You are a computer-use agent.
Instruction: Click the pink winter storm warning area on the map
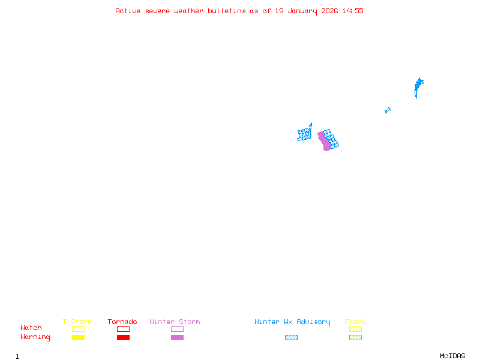coord(324,141)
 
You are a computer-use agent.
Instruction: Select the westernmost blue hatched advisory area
coord(305,134)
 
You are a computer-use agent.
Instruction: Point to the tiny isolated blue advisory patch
coord(388,110)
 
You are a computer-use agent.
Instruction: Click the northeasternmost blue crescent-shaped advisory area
coord(418,87)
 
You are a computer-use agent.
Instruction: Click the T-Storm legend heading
coord(77,322)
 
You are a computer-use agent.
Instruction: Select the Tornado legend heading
coord(122,322)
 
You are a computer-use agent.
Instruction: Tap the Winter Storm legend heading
coord(175,322)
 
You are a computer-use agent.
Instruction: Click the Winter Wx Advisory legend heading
coord(292,322)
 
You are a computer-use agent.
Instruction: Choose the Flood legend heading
coord(355,322)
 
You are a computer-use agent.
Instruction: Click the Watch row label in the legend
coord(31,328)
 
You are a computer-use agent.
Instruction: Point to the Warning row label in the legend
coord(35,337)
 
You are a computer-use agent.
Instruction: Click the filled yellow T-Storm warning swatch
coord(78,338)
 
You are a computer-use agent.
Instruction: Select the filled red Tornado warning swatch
coord(123,338)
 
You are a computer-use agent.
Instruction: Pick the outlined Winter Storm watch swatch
coord(177,329)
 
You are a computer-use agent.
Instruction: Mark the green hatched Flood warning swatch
coord(355,338)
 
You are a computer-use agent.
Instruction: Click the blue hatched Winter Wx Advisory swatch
coord(291,338)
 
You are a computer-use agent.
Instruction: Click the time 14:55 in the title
coord(353,11)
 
